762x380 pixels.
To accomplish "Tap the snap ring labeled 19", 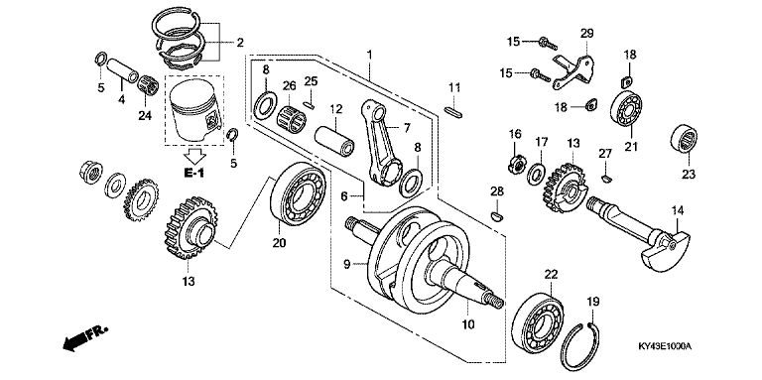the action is pos(579,346).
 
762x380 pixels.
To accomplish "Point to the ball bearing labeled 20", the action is pos(299,193).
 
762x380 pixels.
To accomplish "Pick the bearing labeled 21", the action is pos(626,108).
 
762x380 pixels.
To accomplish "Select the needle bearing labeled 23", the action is pos(684,139).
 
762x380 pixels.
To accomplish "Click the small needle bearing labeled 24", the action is pos(148,86).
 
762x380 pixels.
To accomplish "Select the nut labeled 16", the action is pos(517,165).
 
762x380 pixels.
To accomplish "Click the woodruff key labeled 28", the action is pos(497,216).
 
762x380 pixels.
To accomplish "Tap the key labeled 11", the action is pos(453,112).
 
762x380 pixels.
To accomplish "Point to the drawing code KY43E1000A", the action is pos(665,346).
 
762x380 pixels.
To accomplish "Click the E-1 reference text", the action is pos(193,172).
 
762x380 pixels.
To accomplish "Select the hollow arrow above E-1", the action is pos(194,157).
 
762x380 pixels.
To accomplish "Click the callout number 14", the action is pos(678,211).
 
